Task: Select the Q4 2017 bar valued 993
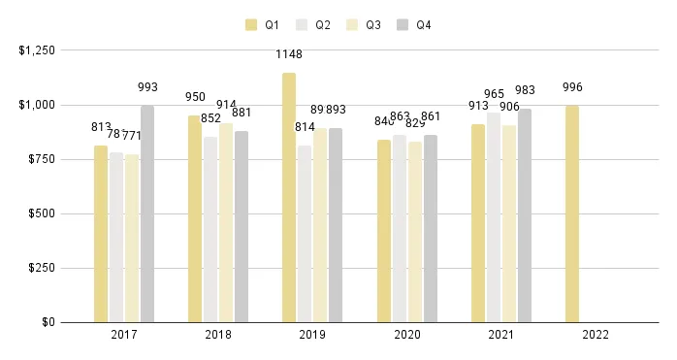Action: (x=147, y=213)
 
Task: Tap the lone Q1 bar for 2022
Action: (x=572, y=213)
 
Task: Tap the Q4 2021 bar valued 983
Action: (x=525, y=214)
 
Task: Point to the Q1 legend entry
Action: (x=264, y=24)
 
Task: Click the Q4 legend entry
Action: (x=414, y=24)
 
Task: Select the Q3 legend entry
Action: (x=365, y=24)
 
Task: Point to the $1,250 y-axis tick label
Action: (x=36, y=49)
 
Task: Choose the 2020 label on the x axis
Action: (x=406, y=335)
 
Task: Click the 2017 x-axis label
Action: (x=124, y=335)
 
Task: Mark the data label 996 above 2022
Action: (x=572, y=87)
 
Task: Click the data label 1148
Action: (x=289, y=54)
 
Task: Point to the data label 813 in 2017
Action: (x=101, y=127)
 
